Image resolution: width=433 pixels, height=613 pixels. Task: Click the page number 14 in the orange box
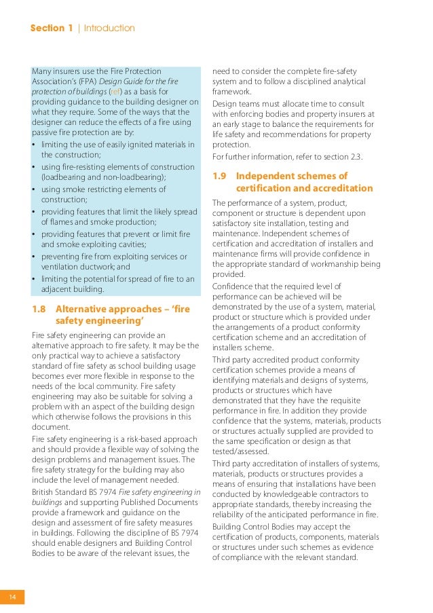pos(12,597)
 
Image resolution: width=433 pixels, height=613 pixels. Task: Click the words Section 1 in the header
pos(52,28)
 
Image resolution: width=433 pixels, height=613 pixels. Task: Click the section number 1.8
pos(40,309)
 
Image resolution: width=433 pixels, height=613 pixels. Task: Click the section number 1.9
pos(220,176)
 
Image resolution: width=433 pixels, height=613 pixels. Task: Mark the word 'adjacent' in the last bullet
pos(58,290)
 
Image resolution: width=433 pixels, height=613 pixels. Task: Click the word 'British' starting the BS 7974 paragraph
pos(45,492)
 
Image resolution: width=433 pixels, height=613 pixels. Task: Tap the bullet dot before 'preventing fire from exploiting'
pos(35,257)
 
